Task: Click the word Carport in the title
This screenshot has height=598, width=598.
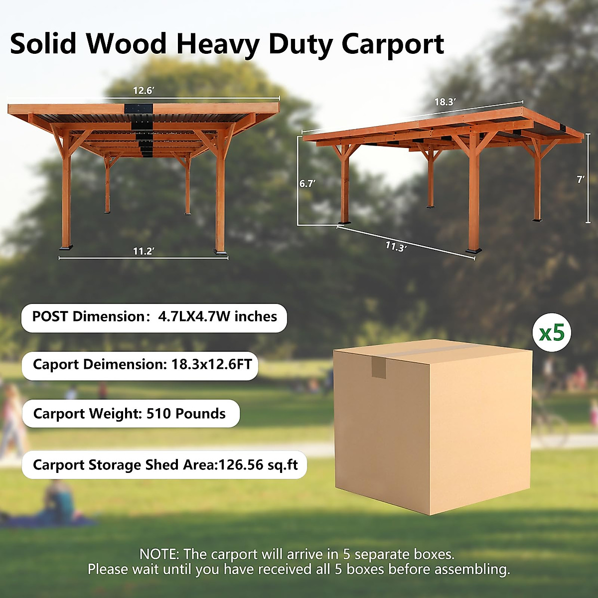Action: [393, 44]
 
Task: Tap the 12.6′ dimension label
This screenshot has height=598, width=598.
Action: [144, 91]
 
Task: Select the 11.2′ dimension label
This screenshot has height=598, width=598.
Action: [144, 251]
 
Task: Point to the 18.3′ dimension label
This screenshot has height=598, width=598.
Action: [445, 102]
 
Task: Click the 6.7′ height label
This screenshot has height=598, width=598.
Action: [307, 183]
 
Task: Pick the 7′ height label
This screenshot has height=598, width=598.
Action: [581, 179]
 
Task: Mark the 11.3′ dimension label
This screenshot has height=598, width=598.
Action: [396, 247]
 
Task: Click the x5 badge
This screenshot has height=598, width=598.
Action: [552, 332]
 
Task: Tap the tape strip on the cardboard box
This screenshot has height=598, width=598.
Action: [379, 367]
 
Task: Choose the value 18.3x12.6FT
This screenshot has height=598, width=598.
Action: [212, 364]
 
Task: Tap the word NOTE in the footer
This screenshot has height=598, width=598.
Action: [158, 554]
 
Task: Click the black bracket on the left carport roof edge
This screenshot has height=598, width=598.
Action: [139, 109]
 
